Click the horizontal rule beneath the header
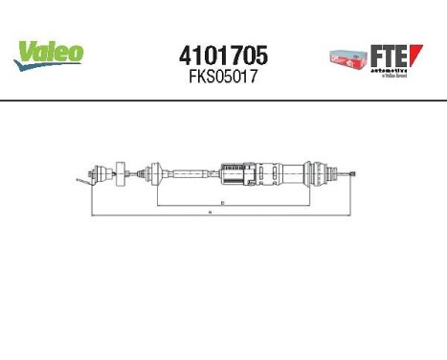pyautogui.click(x=223, y=100)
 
